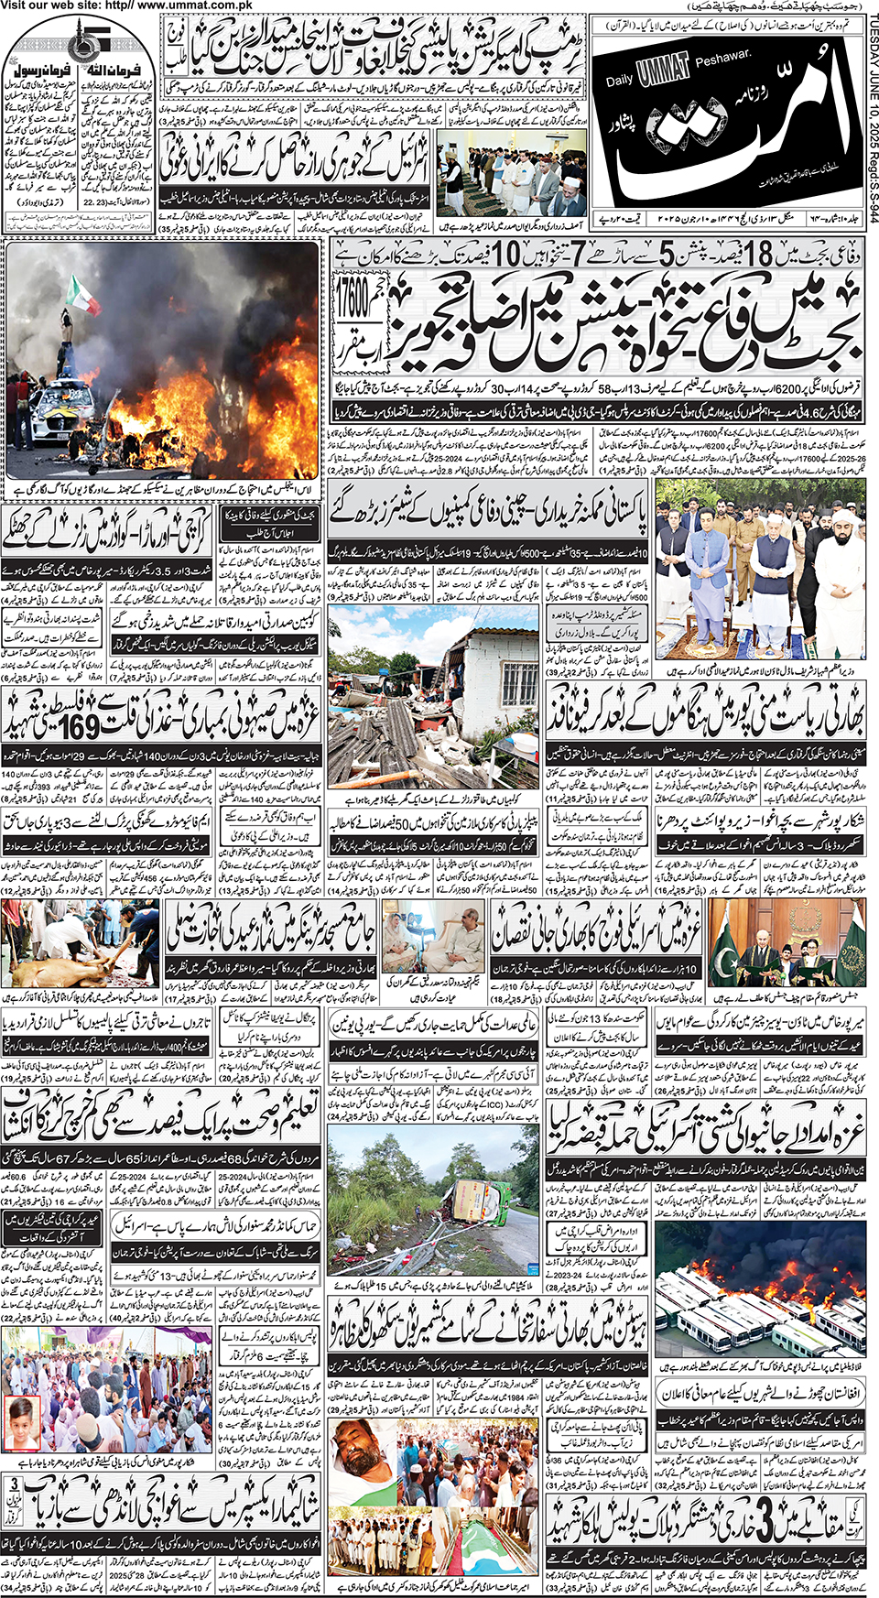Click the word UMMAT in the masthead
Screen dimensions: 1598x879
point(663,70)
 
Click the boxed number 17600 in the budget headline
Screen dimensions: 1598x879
point(352,300)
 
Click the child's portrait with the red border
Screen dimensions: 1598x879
point(23,1420)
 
